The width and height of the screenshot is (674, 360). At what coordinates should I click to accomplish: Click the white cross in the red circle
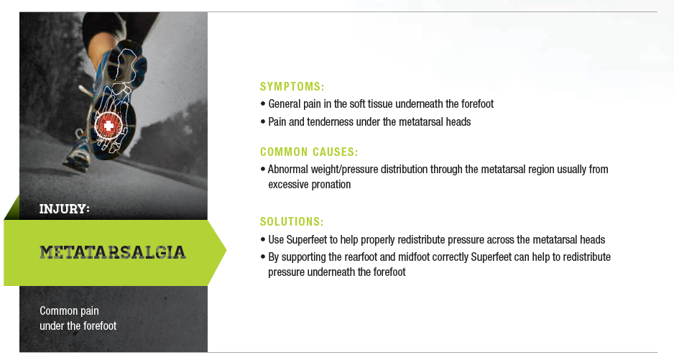pyautogui.click(x=109, y=126)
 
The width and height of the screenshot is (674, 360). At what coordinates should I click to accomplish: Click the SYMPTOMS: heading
pyautogui.click(x=292, y=86)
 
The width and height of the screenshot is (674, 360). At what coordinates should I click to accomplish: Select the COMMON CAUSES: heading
pyautogui.click(x=309, y=152)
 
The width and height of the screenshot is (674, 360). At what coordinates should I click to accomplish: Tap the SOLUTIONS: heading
pyautogui.click(x=292, y=221)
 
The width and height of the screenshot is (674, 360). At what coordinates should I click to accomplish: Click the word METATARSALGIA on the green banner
pyautogui.click(x=113, y=252)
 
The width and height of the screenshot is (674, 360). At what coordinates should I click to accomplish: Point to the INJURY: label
pyautogui.click(x=65, y=209)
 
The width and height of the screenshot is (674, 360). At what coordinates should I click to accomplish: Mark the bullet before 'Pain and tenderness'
pyautogui.click(x=263, y=122)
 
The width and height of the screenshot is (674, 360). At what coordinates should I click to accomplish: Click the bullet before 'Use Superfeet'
pyautogui.click(x=263, y=239)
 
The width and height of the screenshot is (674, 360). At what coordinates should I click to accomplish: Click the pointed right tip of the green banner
pyautogui.click(x=226, y=250)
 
